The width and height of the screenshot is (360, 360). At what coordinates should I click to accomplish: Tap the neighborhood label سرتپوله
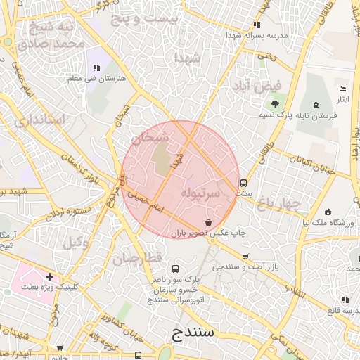(x=202, y=191)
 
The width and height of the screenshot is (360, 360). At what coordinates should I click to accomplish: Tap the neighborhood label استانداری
(x=39, y=121)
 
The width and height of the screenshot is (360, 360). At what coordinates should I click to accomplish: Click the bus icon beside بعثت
(x=243, y=182)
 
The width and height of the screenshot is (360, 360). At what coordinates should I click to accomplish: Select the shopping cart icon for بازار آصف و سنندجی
(x=245, y=257)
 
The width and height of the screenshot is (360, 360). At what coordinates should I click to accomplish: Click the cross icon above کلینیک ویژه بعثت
(x=49, y=276)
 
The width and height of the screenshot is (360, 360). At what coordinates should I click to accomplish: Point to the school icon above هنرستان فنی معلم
(x=96, y=67)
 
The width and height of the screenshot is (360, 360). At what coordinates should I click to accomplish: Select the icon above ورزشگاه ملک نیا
(x=328, y=212)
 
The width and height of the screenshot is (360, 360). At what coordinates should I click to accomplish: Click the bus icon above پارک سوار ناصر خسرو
(x=174, y=269)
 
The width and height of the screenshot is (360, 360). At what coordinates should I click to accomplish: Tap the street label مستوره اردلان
(x=68, y=212)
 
